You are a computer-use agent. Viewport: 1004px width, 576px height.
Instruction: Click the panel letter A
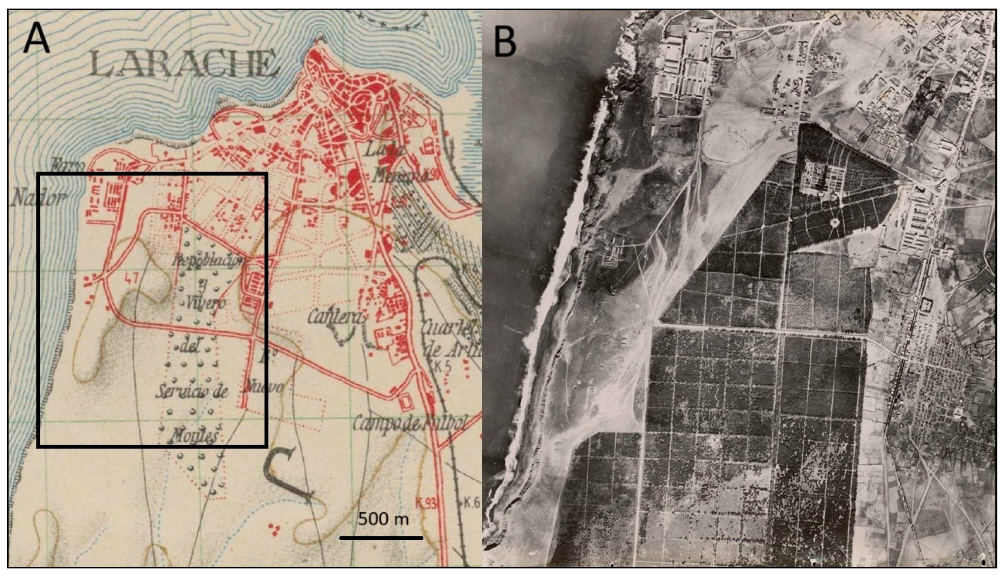pyautogui.click(x=37, y=39)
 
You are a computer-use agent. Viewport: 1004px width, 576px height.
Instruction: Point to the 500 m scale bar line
pyautogui.click(x=381, y=537)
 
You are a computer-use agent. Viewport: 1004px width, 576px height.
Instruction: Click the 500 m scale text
pyautogui.click(x=383, y=519)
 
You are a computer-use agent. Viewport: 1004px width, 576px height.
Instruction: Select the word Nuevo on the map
pyautogui.click(x=263, y=387)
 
